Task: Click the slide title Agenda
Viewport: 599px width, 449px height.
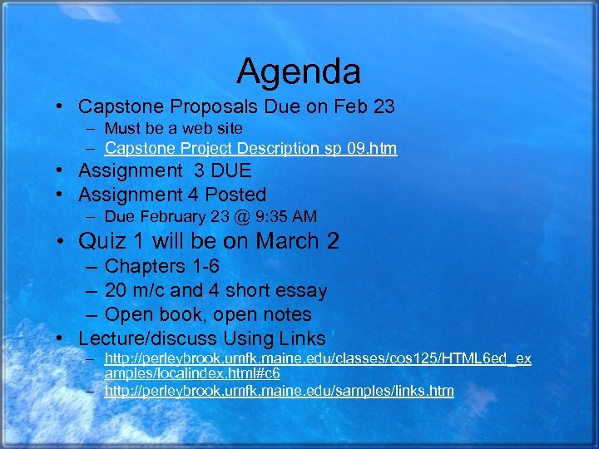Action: pyautogui.click(x=299, y=72)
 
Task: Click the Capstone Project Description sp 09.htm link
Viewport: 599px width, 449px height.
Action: pyautogui.click(x=250, y=149)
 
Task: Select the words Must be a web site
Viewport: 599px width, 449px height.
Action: pyautogui.click(x=174, y=129)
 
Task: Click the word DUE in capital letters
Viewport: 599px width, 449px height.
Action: pyautogui.click(x=229, y=171)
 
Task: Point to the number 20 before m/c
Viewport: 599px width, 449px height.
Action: pyautogui.click(x=116, y=291)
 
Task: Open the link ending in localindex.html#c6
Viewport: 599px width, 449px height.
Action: pyautogui.click(x=317, y=366)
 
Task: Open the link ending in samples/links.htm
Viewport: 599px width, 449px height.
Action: pyautogui.click(x=279, y=391)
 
